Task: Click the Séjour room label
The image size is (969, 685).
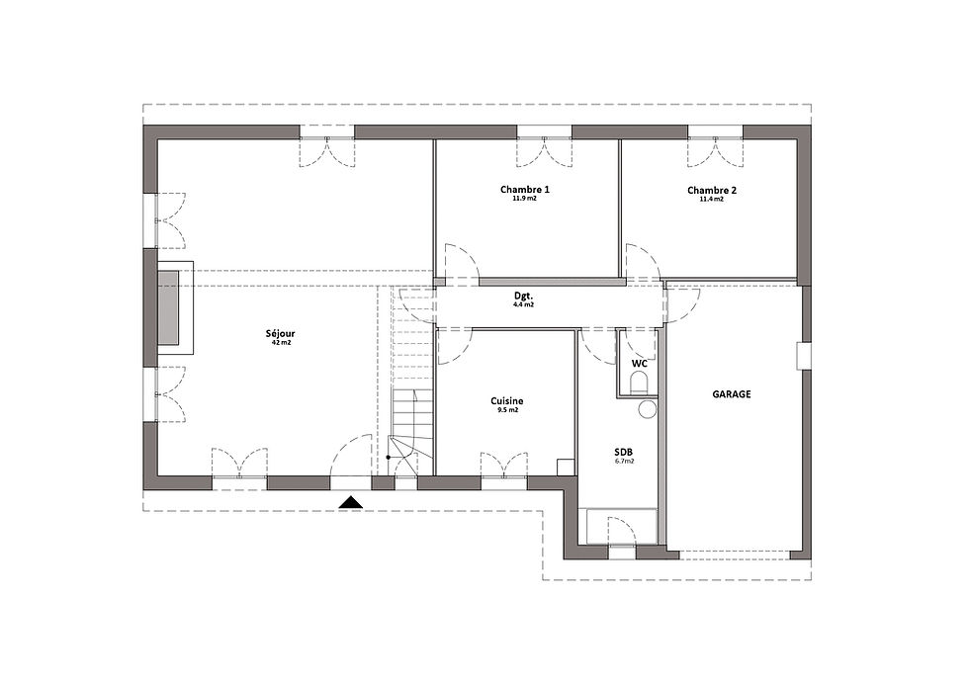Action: point(280,333)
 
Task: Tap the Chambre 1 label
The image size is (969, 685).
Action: point(525,190)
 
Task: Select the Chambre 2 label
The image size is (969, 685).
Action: point(712,190)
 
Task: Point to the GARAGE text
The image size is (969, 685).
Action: point(732,394)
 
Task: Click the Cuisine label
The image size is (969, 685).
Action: point(506,401)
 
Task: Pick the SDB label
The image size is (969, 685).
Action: point(624,452)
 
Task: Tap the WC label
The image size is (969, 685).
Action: point(639,363)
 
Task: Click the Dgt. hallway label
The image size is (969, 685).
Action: point(523,296)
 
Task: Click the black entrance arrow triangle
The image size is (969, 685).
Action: point(351,502)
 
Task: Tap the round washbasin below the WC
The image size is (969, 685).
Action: point(647,409)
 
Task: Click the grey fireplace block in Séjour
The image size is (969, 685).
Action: point(168,307)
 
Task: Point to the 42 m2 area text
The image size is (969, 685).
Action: point(281,342)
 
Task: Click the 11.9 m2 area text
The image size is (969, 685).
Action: point(525,199)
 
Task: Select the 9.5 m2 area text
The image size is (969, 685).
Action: point(506,409)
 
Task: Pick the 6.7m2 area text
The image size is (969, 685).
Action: point(625,461)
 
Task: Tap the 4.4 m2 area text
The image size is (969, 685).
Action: point(523,304)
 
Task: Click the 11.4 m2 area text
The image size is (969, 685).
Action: point(711,200)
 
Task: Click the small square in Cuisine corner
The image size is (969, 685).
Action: point(565,467)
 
